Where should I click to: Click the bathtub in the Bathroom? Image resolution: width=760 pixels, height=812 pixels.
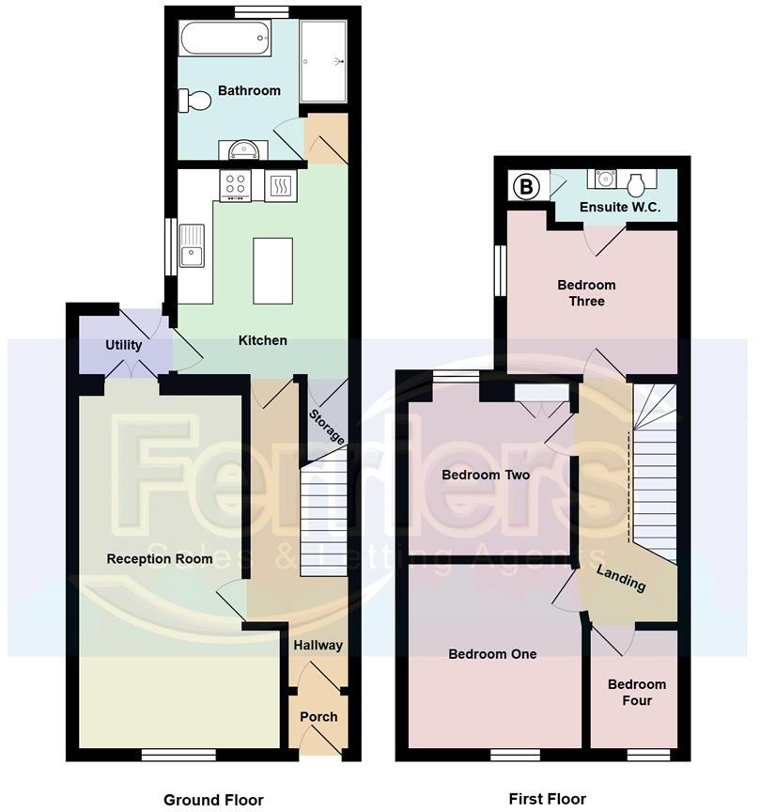click(225, 39)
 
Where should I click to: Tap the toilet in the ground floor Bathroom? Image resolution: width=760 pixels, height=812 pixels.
click(197, 100)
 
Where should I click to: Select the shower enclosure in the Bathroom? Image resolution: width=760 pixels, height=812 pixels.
click(324, 60)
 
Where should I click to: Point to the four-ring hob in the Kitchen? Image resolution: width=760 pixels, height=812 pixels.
click(235, 185)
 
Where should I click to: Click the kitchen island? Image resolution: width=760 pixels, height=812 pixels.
click(272, 270)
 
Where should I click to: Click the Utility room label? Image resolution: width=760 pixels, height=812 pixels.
click(124, 345)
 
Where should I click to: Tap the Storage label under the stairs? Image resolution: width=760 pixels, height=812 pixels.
click(328, 426)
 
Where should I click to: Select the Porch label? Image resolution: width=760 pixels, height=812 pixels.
click(318, 716)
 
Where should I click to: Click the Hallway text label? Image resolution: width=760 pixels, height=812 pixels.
click(318, 646)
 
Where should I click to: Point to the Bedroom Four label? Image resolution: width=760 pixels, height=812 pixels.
click(636, 693)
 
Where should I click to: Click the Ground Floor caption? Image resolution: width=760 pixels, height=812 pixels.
click(207, 800)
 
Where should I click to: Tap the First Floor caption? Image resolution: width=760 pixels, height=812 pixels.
click(547, 799)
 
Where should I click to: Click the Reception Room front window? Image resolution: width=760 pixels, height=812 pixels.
click(179, 754)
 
